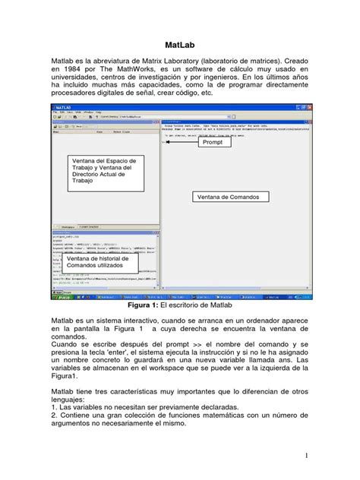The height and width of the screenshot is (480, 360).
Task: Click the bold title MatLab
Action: point(180,45)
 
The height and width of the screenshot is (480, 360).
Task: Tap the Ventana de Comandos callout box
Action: point(228,197)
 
